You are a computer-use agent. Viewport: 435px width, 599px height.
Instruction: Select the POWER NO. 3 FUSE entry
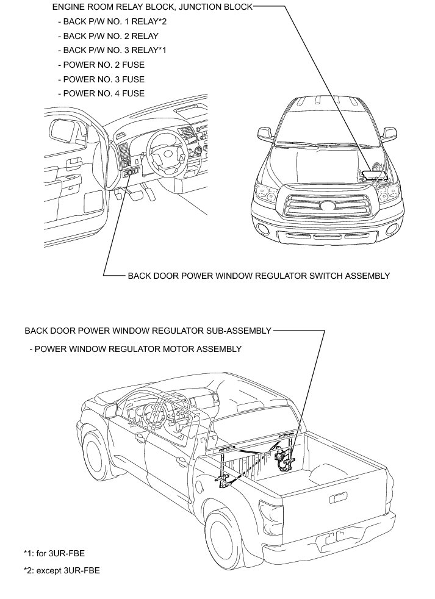[x=101, y=79]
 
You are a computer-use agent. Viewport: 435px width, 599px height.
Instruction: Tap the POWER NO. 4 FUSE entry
[x=101, y=93]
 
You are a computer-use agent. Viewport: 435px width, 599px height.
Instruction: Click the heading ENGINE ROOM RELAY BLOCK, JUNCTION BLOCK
[x=151, y=7]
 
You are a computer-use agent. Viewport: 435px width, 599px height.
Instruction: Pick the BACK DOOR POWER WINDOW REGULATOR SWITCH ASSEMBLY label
[x=258, y=276]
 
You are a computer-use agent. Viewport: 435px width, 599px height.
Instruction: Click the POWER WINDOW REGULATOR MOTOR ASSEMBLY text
[x=138, y=349]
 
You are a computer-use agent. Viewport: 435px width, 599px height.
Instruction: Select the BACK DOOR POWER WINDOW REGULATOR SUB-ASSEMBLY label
[x=148, y=331]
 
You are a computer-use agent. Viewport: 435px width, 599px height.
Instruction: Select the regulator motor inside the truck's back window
[x=284, y=461]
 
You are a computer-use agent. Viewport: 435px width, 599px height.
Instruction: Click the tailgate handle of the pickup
[x=336, y=498]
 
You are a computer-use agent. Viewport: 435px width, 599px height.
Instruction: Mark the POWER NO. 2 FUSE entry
[x=101, y=65]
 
